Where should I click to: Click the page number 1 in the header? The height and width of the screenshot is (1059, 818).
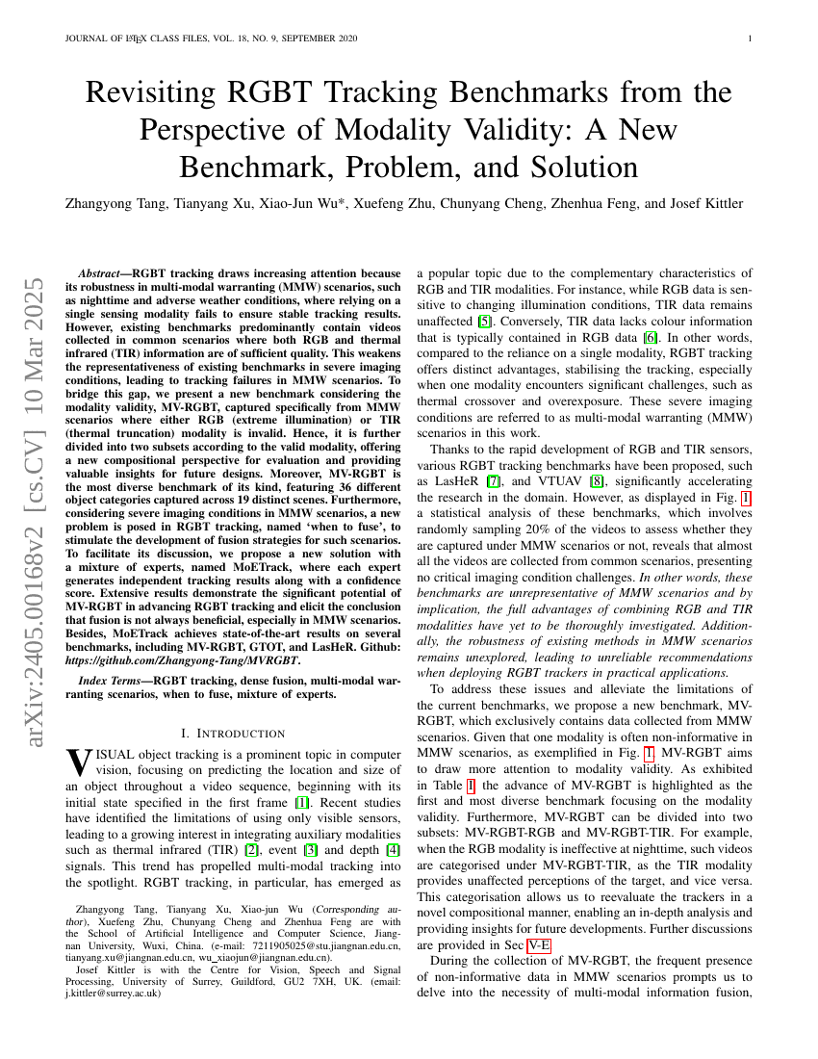749,39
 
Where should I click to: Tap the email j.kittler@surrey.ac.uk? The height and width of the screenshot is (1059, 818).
115,994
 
